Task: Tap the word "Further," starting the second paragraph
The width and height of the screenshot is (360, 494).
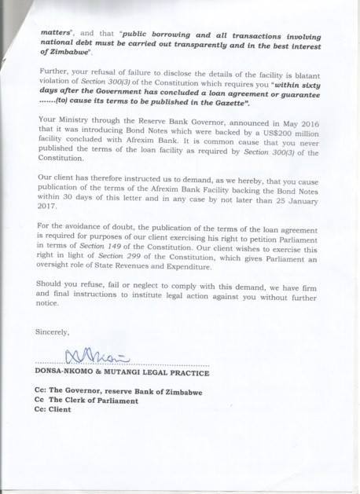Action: [53, 81]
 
